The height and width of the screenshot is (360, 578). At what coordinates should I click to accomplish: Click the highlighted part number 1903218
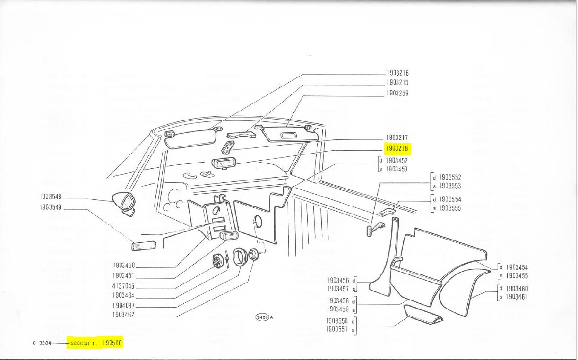pos(397,149)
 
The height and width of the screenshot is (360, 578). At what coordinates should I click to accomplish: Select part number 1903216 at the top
pos(397,73)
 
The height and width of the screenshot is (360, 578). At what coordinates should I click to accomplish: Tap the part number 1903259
pos(397,93)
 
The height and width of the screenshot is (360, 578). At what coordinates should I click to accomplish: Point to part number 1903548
pos(51,196)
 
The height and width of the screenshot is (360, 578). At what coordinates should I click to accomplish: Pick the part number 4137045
pos(123,286)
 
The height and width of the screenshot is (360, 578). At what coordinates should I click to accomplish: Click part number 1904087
pos(123,305)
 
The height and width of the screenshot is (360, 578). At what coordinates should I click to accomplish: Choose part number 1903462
pos(123,315)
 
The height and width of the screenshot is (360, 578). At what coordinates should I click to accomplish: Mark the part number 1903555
pos(450,208)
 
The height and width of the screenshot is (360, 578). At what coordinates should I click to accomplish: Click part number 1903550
pos(338,320)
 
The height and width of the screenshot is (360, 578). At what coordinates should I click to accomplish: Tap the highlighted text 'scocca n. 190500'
pos(96,343)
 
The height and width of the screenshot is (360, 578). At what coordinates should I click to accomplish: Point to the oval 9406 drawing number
pos(262,317)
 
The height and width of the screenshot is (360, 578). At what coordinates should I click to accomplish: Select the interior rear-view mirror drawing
pos(223,163)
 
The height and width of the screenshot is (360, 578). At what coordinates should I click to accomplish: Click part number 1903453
pos(396,169)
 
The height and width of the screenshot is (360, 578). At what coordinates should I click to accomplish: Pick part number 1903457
pos(338,289)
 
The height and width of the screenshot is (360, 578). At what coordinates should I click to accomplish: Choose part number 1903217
pos(397,137)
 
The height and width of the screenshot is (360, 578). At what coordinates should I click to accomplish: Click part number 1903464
pos(123,295)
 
